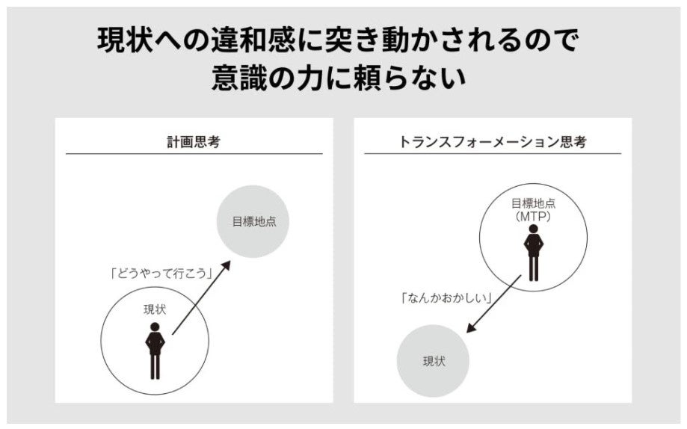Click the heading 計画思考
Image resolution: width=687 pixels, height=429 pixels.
194,141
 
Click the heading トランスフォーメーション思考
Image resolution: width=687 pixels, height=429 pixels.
493,141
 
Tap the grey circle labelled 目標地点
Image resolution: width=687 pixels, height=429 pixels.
253,222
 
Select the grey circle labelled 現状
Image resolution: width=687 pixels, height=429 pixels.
433,361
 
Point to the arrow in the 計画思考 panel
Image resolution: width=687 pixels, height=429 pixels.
200,297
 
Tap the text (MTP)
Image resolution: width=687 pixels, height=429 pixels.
533,215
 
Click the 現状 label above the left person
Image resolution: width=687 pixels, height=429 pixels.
155,309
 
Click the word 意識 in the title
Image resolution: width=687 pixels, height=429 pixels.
241,78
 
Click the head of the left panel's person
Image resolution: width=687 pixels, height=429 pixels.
155,327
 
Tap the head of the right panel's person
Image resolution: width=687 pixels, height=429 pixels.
533,229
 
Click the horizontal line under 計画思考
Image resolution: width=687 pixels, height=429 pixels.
194,154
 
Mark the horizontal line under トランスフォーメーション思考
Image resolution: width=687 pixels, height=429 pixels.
493,154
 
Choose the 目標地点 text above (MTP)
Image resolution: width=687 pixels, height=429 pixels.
533,203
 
